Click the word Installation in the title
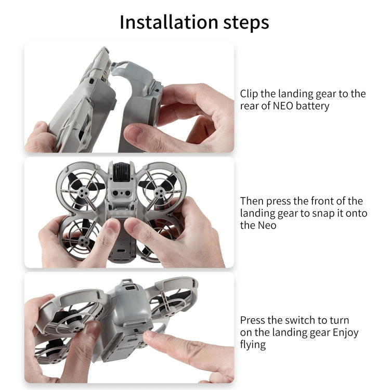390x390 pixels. [168, 22]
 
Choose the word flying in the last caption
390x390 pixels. [252, 344]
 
